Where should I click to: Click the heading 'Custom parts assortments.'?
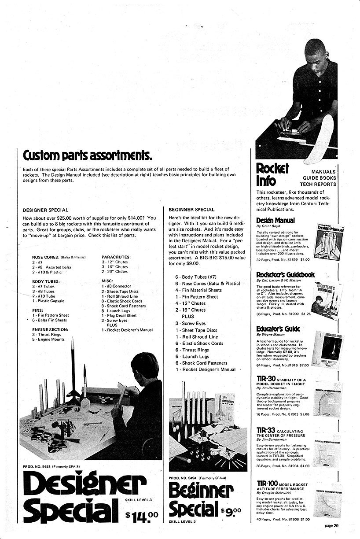pyautogui.click(x=88, y=155)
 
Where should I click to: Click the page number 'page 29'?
pyautogui.click(x=331, y=525)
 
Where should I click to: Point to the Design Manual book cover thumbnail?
pyautogui.click(x=328, y=241)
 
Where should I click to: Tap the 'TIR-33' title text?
pyautogui.click(x=266, y=430)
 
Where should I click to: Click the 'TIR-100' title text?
pyautogui.click(x=267, y=484)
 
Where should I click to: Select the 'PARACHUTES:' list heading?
pyautogui.click(x=116, y=257)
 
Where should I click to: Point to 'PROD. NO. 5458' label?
pyautogui.click(x=37, y=466)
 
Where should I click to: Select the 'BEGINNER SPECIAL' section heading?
pyautogui.click(x=191, y=210)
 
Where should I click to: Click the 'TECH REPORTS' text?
pyautogui.click(x=319, y=184)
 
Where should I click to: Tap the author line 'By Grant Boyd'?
pyautogui.click(x=268, y=225)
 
